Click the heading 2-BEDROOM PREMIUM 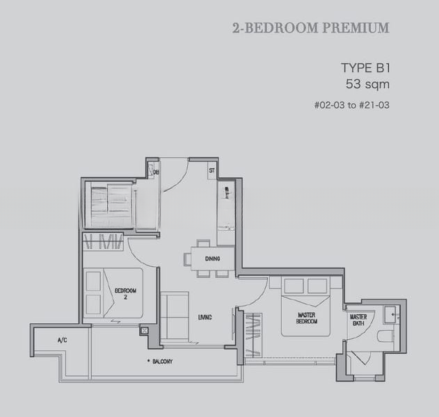(310, 28)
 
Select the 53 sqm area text (367, 85)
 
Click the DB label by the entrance (157, 172)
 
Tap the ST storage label (211, 170)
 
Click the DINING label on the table (212, 259)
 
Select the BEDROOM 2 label (125, 293)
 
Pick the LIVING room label (204, 318)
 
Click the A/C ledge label (61, 340)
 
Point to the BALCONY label (162, 361)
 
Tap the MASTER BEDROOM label (307, 318)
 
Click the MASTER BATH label (358, 320)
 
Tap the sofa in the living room (175, 316)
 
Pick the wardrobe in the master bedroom (252, 338)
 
